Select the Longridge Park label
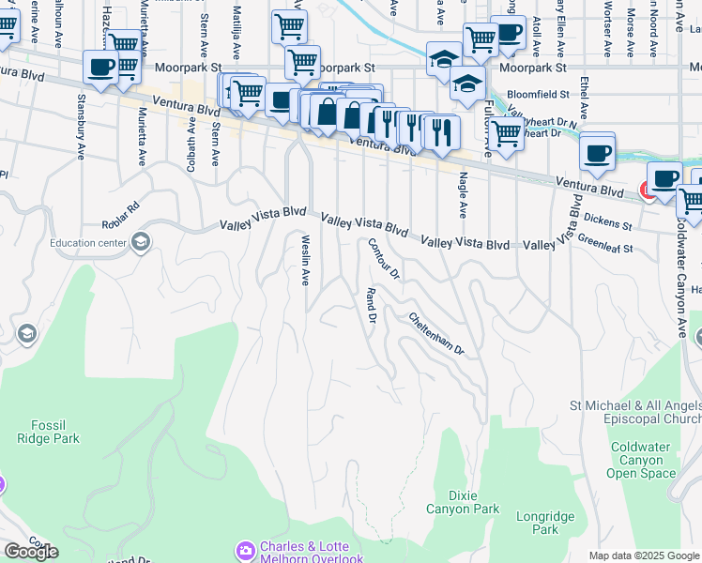click(x=538, y=523)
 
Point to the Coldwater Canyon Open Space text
click(x=643, y=460)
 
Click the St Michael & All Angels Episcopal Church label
click(x=635, y=412)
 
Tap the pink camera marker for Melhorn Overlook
click(x=246, y=548)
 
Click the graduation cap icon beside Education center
click(x=141, y=243)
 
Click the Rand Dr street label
click(x=371, y=307)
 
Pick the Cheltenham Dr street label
click(x=436, y=333)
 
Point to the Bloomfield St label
click(x=538, y=95)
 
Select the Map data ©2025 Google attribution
click(x=644, y=555)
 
